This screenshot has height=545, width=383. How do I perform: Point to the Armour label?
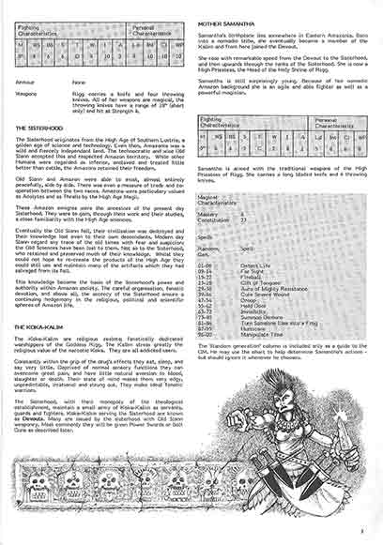tap(26, 83)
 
